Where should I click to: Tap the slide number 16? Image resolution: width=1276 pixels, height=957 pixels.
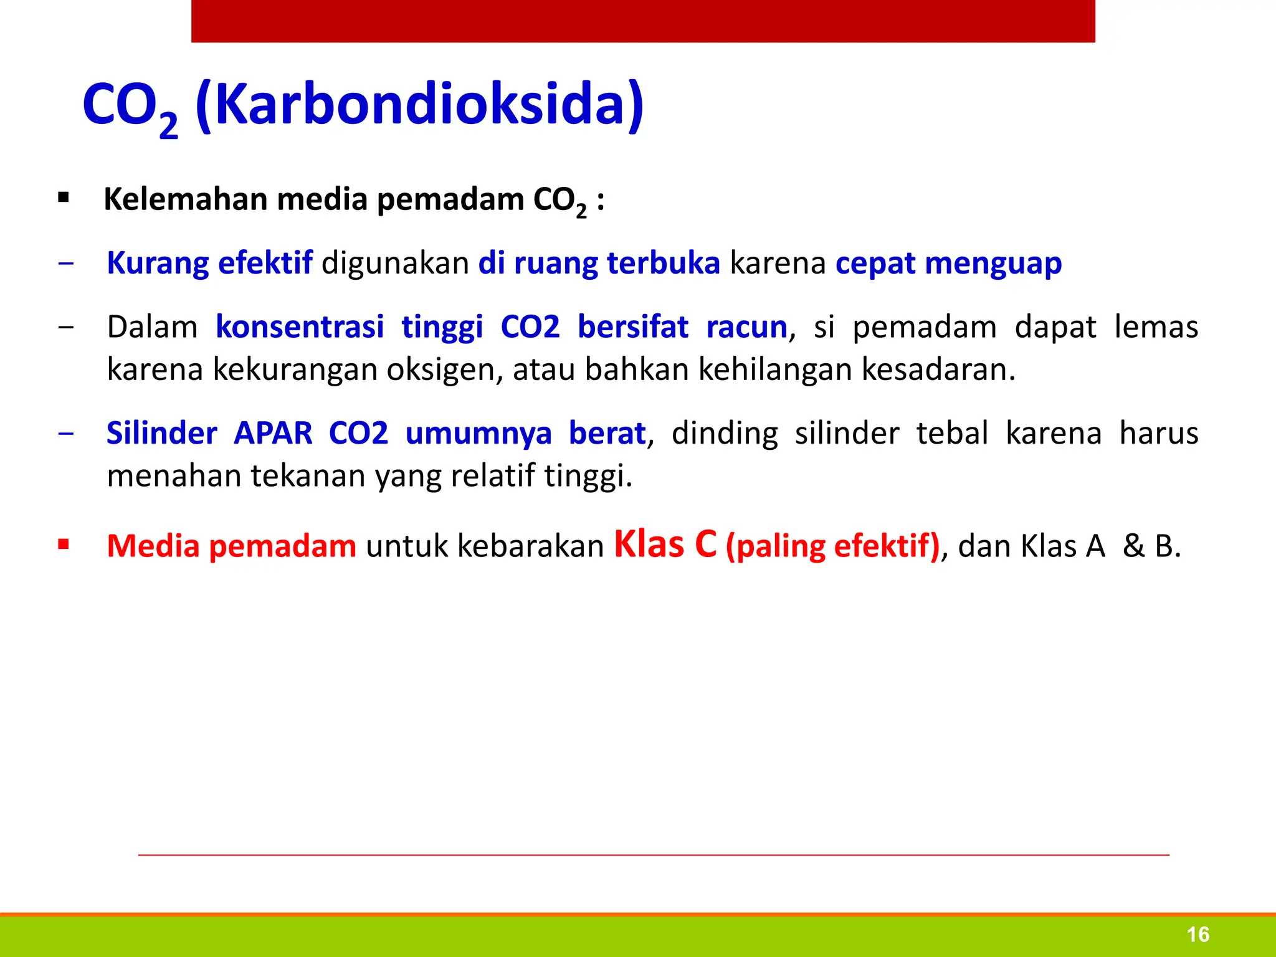click(x=1197, y=935)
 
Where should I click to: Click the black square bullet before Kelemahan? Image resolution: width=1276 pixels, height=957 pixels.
click(x=63, y=199)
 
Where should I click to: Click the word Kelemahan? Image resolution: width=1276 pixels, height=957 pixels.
click(x=185, y=199)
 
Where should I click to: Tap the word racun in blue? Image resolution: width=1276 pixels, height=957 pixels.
click(x=746, y=327)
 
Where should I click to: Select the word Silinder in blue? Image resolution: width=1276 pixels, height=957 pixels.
click(x=161, y=433)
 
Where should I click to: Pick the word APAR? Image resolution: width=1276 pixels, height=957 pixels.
click(x=273, y=433)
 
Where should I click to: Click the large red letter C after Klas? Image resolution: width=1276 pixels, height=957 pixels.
click(x=705, y=544)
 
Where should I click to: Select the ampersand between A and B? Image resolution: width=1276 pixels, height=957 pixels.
click(x=1133, y=546)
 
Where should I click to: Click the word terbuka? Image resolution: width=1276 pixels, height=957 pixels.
click(x=663, y=263)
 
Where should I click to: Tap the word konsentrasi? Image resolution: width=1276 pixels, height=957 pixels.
click(x=300, y=327)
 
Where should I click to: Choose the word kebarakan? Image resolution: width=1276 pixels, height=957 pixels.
click(x=530, y=546)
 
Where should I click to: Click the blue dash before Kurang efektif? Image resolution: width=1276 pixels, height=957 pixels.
click(x=65, y=264)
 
